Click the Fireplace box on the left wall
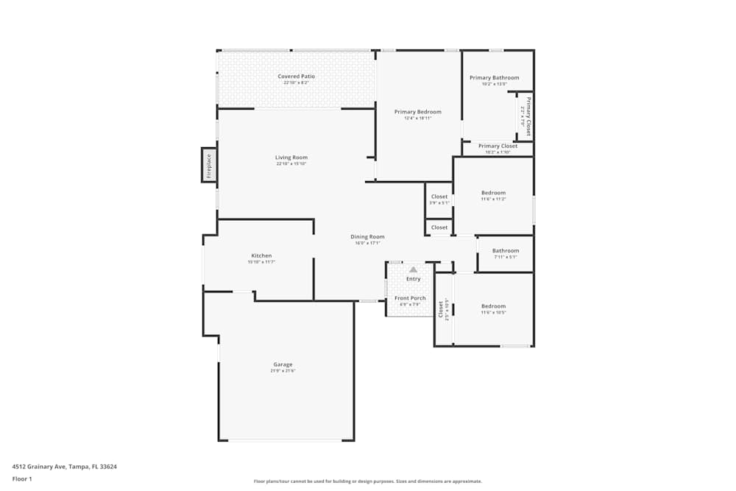(209, 165)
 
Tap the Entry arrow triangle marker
(413, 270)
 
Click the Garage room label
(283, 364)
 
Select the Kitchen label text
(261, 256)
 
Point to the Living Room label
(291, 158)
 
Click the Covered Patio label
(296, 77)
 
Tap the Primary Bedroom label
(417, 112)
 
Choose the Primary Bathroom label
(494, 78)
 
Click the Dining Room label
(367, 237)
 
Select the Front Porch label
(410, 298)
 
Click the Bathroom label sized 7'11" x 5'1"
(506, 251)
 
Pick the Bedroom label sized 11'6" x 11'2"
(493, 193)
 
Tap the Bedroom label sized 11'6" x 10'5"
(493, 306)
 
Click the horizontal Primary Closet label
(498, 146)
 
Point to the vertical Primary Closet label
(528, 116)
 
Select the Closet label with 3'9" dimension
(439, 197)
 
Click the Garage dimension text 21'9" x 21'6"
(283, 371)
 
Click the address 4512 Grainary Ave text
(65, 467)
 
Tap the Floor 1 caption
(22, 478)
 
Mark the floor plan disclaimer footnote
(368, 481)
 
